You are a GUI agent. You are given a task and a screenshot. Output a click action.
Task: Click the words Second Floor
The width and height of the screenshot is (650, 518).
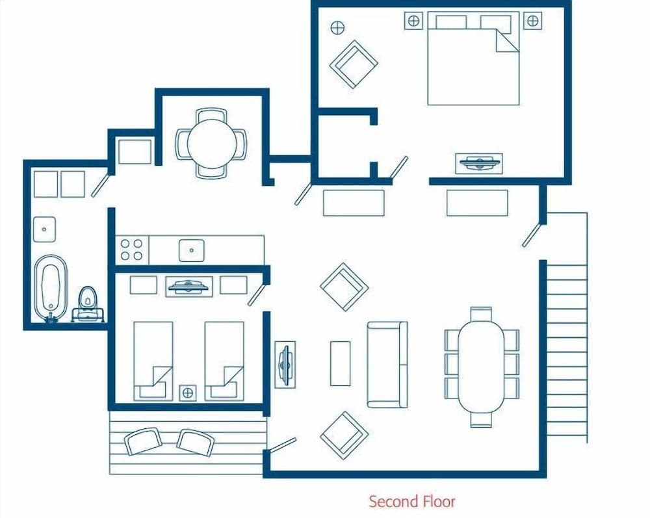pos(412,502)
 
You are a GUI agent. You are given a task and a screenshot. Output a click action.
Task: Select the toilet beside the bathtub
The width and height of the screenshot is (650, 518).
pos(86,301)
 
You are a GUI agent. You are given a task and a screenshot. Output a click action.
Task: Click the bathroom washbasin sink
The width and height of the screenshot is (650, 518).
pos(44,229)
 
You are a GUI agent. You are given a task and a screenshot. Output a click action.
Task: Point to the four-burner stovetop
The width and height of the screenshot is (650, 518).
pos(131,250)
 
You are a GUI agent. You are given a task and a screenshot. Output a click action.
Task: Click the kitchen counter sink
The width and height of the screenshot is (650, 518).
pos(192,250)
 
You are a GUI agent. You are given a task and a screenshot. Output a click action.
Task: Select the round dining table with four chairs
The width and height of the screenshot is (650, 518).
pos(212,144)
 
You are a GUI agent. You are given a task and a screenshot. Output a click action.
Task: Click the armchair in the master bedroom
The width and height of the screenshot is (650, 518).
pos(354,64)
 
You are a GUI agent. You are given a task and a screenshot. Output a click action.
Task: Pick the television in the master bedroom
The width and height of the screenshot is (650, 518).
pos(480,162)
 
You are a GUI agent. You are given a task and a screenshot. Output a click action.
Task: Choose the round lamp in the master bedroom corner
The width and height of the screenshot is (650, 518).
pos(337,27)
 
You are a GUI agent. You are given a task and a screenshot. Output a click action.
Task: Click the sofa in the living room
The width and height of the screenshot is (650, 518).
pos(387,365)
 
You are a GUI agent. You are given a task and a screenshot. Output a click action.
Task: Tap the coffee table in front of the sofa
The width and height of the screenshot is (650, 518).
pos(340,363)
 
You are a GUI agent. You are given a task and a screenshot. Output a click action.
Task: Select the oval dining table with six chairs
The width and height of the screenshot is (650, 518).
pos(482,367)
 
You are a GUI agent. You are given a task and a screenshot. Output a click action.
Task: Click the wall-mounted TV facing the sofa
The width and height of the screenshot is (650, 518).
pos(285,364)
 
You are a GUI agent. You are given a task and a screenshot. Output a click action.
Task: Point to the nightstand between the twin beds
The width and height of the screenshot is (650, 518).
pos(188,392)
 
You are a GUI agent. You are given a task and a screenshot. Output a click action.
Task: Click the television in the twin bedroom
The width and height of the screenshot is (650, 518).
pos(188,285)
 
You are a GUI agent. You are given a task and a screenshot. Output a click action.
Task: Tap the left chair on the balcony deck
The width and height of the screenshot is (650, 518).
pos(143,441)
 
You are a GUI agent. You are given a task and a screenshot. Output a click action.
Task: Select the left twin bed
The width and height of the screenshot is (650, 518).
pos(153,361)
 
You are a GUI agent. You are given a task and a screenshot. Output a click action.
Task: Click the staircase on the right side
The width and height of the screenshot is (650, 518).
pos(566,325)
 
